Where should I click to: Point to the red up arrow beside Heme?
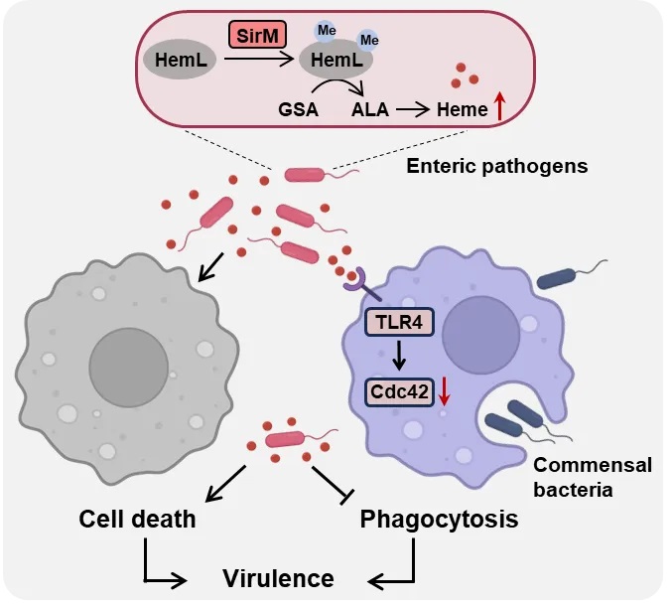click(499, 103)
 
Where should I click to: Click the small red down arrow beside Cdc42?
click(444, 393)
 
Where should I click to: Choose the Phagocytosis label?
click(439, 519)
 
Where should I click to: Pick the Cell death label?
click(139, 519)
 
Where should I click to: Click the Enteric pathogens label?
click(496, 165)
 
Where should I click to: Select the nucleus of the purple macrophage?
click(480, 329)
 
